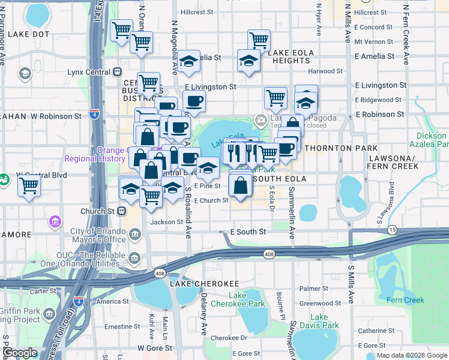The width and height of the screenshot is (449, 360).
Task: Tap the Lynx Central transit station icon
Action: tap(117, 72)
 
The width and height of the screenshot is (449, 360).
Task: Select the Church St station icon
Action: tap(122, 211)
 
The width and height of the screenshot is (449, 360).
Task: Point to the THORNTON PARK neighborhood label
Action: tap(341, 148)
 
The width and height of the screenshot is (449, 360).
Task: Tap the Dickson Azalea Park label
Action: tap(429, 140)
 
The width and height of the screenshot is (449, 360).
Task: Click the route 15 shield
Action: tap(393, 230)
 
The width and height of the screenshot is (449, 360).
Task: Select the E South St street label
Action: tap(248, 232)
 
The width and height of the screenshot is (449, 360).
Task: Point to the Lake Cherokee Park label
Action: tap(247, 299)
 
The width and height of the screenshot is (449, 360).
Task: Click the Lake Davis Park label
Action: tap(318, 321)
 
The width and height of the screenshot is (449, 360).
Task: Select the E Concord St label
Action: tap(373, 27)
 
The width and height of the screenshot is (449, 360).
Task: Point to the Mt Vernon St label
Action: tap(373, 42)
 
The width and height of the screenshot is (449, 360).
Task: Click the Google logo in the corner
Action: tap(20, 353)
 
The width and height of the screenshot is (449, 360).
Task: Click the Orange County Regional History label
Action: tap(96, 154)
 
